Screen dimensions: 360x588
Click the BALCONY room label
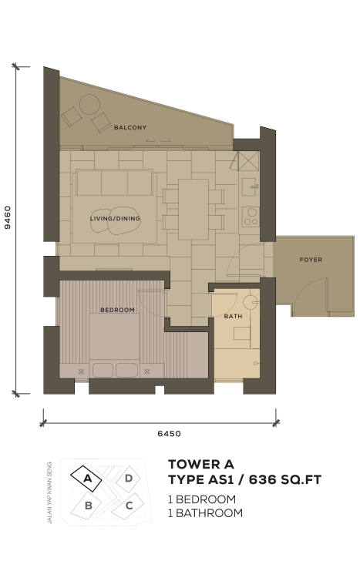pyautogui.click(x=130, y=127)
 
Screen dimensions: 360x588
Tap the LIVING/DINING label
pyautogui.click(x=115, y=218)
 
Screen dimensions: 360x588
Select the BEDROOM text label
pyautogui.click(x=117, y=310)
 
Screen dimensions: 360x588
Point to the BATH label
pyautogui.click(x=233, y=316)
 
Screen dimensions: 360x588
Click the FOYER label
pyautogui.click(x=311, y=260)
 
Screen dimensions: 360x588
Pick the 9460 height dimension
pyautogui.click(x=8, y=217)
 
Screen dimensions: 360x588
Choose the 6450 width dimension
pyautogui.click(x=169, y=434)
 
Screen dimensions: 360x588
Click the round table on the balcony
pyautogui.click(x=89, y=104)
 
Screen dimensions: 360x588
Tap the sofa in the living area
pyautogui.click(x=114, y=182)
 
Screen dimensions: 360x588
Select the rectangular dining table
pyautogui.click(x=193, y=210)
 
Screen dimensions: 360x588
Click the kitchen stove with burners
pyautogui.click(x=250, y=217)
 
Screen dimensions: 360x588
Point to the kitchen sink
pyautogui.click(x=250, y=186)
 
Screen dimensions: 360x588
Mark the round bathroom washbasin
pyautogui.click(x=250, y=302)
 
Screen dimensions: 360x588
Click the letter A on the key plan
pyautogui.click(x=88, y=479)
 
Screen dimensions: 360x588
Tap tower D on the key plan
pyautogui.click(x=128, y=479)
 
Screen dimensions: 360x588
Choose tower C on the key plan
pyautogui.click(x=129, y=506)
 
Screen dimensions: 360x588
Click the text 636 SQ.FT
pyautogui.click(x=285, y=479)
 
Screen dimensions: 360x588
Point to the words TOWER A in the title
pyautogui.click(x=201, y=464)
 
